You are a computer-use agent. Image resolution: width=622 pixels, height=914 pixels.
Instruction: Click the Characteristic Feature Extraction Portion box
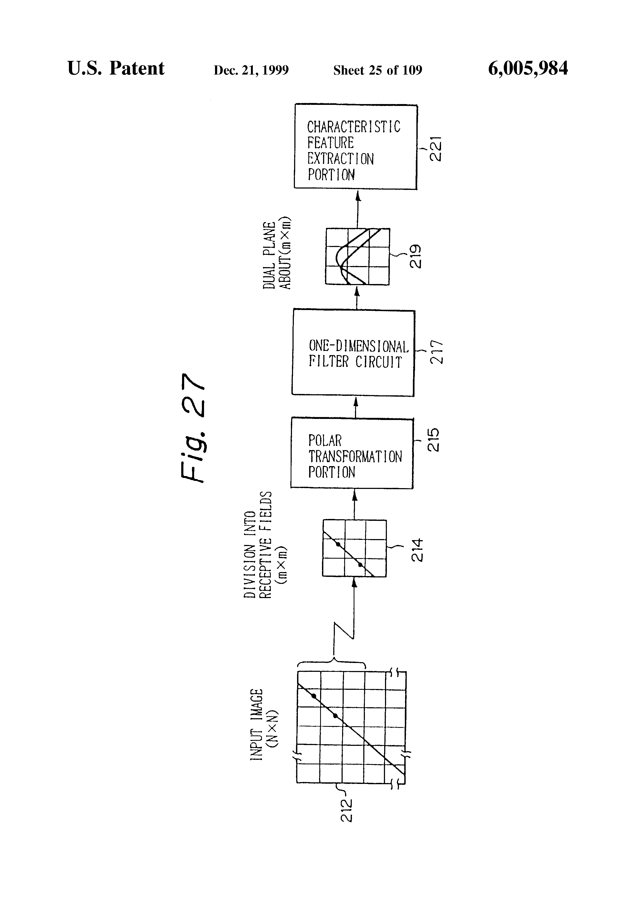click(356, 147)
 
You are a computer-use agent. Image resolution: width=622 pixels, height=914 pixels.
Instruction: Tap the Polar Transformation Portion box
click(352, 454)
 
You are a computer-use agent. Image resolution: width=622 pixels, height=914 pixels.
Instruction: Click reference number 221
click(436, 148)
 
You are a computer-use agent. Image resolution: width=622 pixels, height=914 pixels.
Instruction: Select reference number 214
click(417, 550)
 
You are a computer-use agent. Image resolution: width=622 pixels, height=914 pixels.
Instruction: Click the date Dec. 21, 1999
click(251, 70)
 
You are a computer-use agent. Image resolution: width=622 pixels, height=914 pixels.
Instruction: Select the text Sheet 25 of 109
click(377, 70)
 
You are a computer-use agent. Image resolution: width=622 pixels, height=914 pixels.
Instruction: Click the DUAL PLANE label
click(269, 255)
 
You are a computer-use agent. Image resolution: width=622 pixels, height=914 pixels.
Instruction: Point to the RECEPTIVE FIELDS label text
click(266, 544)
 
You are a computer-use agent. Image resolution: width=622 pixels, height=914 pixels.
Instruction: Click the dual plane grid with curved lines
click(357, 256)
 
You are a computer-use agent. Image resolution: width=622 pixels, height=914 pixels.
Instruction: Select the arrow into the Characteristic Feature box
click(358, 208)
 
